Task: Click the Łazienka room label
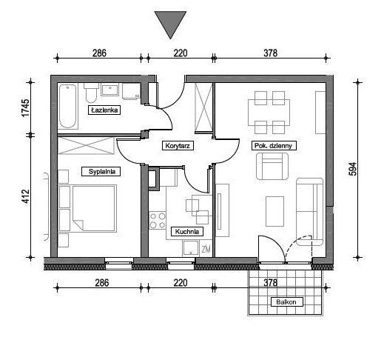(104, 110)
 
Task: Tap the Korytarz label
(178, 146)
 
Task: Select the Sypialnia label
(101, 172)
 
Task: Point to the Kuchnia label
(186, 232)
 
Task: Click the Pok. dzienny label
(274, 146)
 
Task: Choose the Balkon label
(287, 302)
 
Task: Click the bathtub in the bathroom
(68, 106)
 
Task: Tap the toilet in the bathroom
(91, 93)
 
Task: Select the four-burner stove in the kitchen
(158, 221)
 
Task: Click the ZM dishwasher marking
(206, 250)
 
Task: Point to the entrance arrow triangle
(170, 24)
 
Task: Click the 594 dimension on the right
(353, 169)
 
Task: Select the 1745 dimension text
(25, 108)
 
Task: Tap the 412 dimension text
(25, 196)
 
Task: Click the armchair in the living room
(272, 166)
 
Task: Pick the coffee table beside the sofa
(275, 211)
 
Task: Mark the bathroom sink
(110, 90)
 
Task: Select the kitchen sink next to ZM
(191, 248)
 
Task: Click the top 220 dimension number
(181, 53)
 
